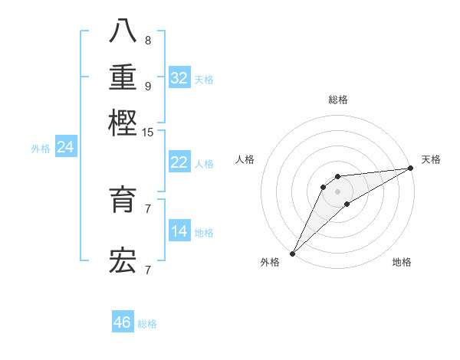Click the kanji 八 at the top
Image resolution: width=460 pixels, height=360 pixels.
123,31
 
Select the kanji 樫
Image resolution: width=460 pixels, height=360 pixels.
123,123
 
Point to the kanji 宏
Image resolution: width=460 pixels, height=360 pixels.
123,260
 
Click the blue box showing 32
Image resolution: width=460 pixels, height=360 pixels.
179,78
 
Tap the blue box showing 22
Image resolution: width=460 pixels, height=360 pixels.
179,162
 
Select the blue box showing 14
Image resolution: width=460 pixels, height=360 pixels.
179,231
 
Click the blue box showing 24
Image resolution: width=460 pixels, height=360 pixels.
66,147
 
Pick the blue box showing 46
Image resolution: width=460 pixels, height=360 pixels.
123,322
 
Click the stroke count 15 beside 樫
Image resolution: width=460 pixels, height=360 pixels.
148,133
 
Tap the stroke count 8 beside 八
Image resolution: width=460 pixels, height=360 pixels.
148,41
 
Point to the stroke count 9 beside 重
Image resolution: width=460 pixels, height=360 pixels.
148,87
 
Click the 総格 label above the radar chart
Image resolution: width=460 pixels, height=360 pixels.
338,100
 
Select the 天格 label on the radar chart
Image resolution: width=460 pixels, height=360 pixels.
431,159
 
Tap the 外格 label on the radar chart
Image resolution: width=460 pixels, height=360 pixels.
270,263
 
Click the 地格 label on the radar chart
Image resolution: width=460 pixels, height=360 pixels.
402,263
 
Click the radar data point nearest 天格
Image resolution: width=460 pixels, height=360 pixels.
411,169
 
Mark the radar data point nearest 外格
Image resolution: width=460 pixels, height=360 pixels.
293,254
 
